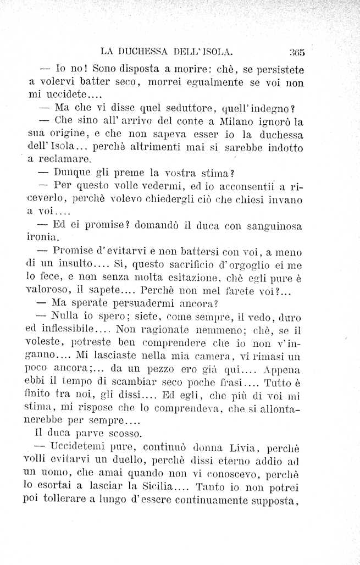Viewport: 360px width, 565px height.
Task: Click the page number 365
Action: pyautogui.click(x=297, y=53)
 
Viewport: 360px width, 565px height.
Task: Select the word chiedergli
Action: pyautogui.click(x=155, y=200)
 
